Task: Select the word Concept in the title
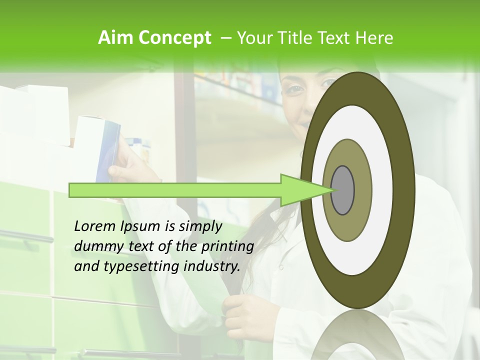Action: (x=174, y=38)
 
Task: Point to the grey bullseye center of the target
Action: (x=342, y=190)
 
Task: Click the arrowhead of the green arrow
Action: (x=300, y=190)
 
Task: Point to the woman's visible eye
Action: (x=296, y=90)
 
